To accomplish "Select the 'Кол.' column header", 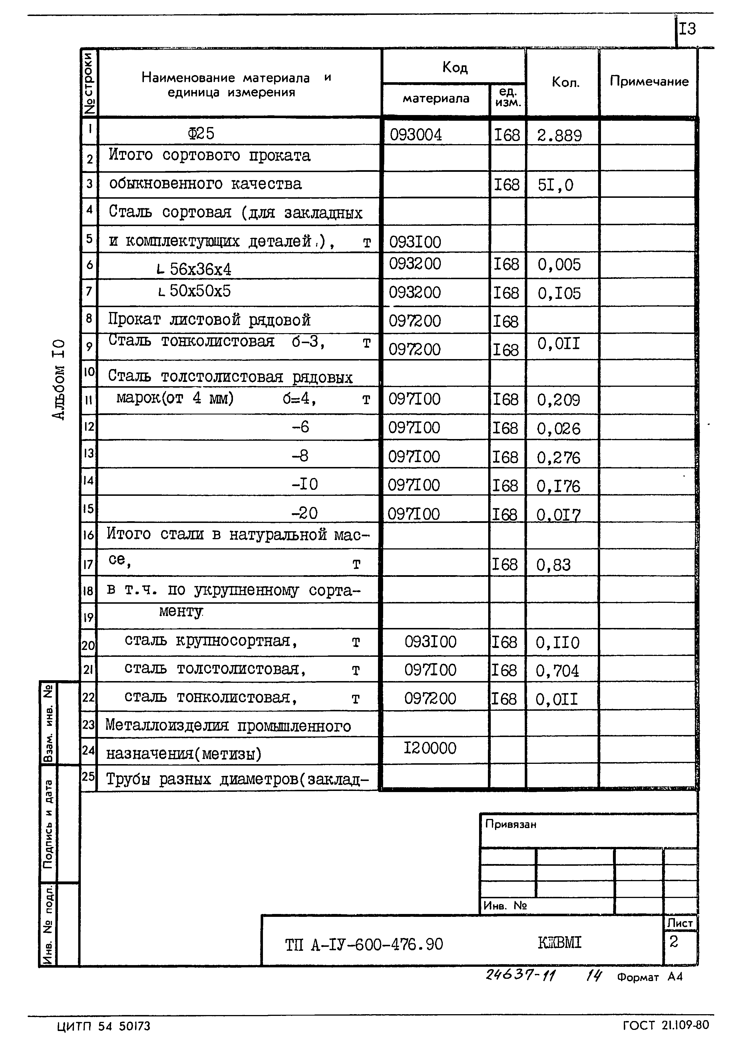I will (565, 82).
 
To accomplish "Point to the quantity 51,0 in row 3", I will (555, 185).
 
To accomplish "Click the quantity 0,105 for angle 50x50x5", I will (558, 293).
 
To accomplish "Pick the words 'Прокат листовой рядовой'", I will (209, 320).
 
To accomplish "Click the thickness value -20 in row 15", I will (304, 513).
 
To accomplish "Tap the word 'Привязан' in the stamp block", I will (510, 824).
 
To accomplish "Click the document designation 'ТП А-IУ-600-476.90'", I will (364, 944).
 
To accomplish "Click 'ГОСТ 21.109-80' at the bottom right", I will (665, 1025).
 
